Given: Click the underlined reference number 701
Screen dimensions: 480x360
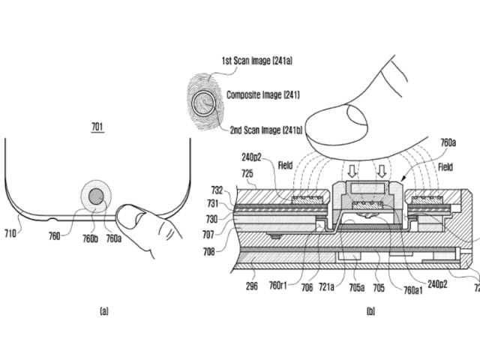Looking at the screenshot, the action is [97, 127].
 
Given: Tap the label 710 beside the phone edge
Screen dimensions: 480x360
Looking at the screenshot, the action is [10, 234].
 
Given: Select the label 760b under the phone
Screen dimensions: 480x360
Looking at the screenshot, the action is [90, 238].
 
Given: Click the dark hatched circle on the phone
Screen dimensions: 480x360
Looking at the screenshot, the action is [96, 196].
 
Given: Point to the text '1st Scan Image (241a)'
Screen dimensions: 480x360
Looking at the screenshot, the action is [256, 61].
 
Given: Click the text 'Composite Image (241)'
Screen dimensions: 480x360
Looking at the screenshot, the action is [263, 95].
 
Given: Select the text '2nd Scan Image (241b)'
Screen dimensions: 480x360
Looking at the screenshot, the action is [266, 130].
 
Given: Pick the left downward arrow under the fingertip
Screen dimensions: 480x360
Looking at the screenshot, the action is [352, 172].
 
